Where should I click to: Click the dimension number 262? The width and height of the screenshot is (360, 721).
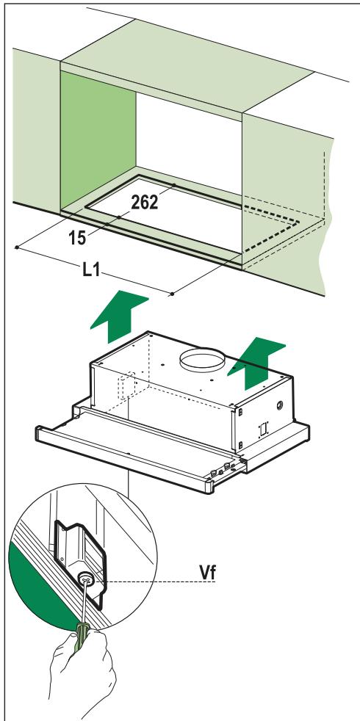coord(144,203)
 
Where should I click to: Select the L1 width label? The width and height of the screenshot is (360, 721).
coord(92,269)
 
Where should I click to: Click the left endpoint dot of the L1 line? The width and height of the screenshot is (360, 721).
coord(16,247)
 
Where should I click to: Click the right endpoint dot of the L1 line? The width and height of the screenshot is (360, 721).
coord(172,294)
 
